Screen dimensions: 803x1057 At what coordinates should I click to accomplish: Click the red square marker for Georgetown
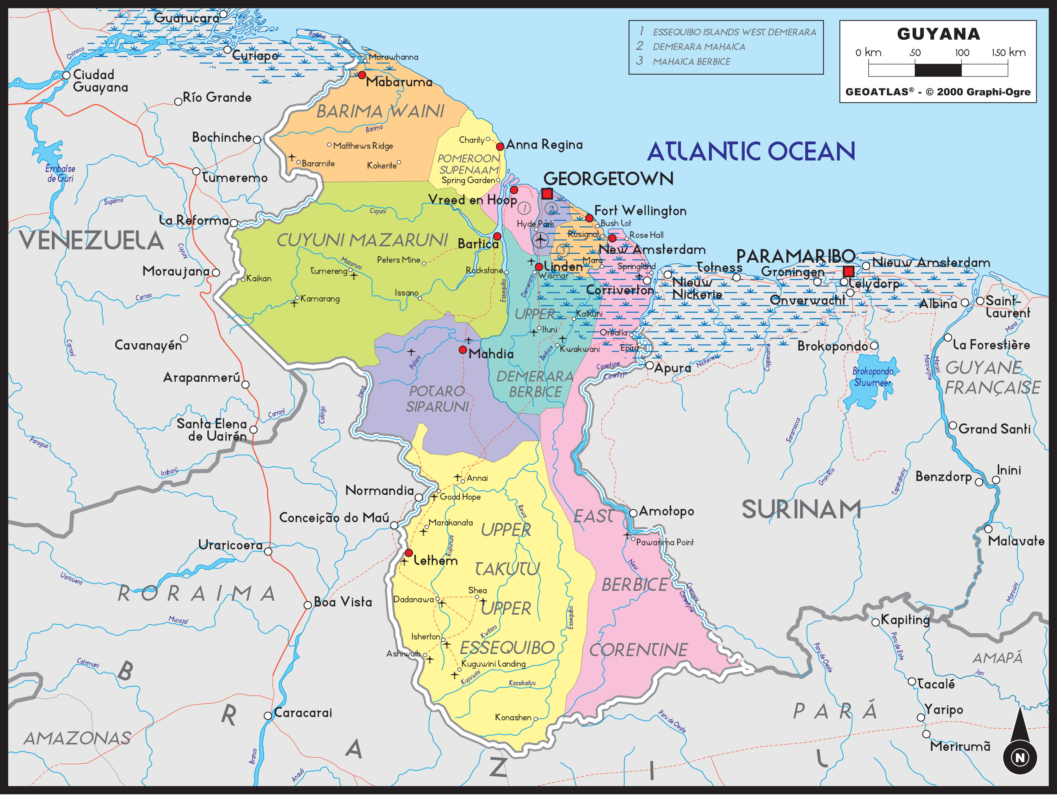click(547, 194)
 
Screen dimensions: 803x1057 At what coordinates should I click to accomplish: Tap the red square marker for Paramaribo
click(848, 272)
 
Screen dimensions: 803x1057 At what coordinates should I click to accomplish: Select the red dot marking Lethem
click(409, 553)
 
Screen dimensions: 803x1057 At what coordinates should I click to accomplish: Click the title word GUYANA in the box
click(938, 34)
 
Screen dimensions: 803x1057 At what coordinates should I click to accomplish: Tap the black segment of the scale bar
click(937, 70)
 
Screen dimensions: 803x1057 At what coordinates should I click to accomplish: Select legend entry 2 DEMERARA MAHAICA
click(698, 47)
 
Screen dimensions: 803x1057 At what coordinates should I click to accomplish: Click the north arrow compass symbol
click(1020, 746)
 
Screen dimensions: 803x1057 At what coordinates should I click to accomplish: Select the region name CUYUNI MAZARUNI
click(362, 240)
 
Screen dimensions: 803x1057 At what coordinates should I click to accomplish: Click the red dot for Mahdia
click(462, 350)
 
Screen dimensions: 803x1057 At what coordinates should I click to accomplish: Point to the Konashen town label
click(513, 717)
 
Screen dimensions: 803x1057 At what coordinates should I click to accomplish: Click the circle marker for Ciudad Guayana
click(66, 75)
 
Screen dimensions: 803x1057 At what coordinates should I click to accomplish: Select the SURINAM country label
click(801, 510)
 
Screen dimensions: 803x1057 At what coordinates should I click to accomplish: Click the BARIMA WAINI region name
click(380, 111)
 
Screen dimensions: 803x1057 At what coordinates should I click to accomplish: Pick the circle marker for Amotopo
click(633, 513)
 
